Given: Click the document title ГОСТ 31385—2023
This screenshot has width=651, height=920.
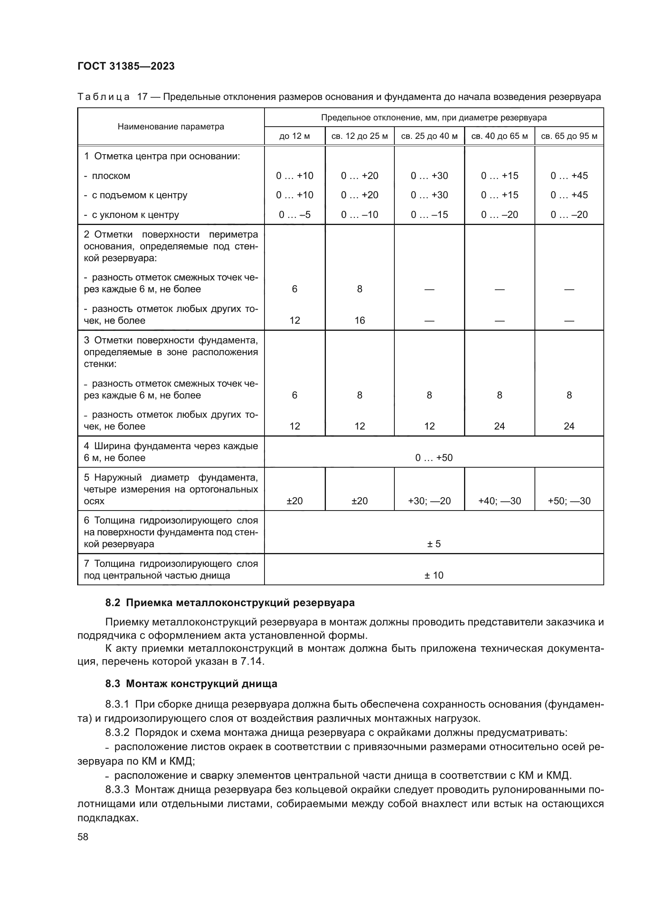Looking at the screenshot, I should (x=126, y=66).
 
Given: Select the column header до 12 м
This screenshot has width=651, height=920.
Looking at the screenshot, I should (x=295, y=136).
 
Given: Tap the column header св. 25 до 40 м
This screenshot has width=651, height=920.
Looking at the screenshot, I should (x=429, y=136).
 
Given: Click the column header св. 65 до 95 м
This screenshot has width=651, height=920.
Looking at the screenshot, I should (x=569, y=136).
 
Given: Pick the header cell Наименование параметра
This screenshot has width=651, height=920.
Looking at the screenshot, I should (x=171, y=127).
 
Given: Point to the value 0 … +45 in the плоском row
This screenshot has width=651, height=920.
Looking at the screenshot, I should (x=569, y=175).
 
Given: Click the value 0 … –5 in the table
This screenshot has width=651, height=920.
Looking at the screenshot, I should (x=295, y=215).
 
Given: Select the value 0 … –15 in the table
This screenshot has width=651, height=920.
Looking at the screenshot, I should (x=429, y=215).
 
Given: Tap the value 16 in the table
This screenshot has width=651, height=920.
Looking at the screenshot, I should (x=360, y=320).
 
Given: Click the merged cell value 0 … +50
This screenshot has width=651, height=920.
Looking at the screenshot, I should (x=434, y=457).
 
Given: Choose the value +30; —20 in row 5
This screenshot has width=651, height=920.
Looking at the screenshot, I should (x=429, y=501).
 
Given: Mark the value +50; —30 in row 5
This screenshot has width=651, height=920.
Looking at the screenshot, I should (x=569, y=501).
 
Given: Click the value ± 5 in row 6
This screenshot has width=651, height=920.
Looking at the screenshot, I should (x=434, y=544).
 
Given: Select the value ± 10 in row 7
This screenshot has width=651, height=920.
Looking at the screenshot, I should (x=434, y=575).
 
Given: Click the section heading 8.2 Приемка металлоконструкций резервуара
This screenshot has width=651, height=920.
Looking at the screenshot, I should (x=230, y=603).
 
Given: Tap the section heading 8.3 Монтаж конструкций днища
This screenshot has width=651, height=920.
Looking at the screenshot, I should (x=191, y=684).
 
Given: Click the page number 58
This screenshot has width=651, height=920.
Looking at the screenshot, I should (x=83, y=837).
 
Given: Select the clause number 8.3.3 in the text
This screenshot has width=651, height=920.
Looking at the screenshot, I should (x=117, y=790).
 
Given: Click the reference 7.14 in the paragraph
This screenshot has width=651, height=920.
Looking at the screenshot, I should (x=252, y=661).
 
